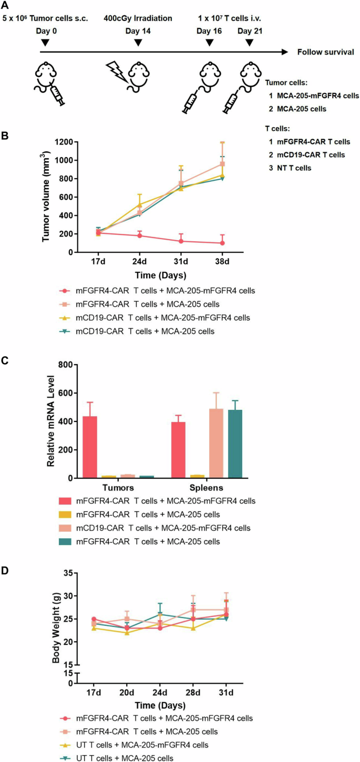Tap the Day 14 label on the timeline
[138, 31]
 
